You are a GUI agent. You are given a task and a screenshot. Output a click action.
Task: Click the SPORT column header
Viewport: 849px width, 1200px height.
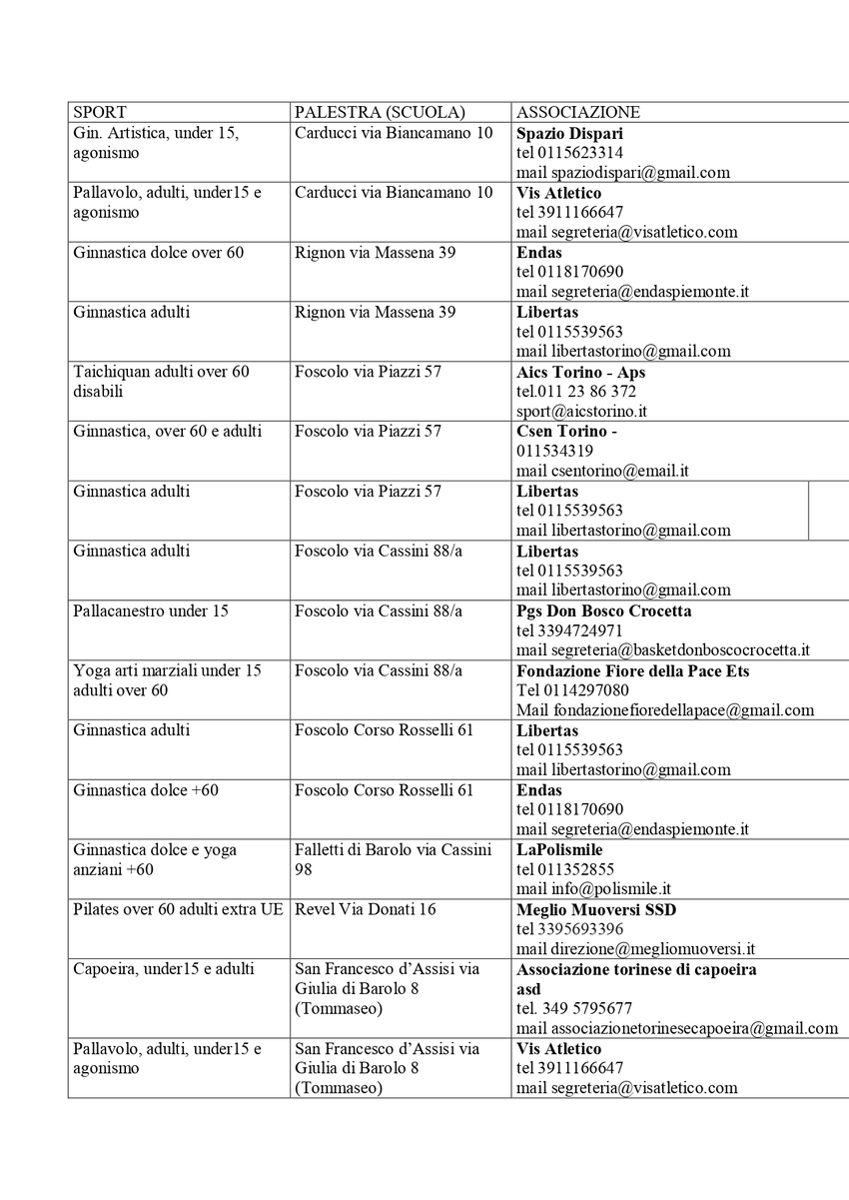100,113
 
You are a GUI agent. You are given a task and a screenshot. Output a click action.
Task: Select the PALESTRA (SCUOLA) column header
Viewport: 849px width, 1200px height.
380,113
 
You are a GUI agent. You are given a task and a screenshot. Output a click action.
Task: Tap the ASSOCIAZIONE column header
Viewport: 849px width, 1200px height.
578,113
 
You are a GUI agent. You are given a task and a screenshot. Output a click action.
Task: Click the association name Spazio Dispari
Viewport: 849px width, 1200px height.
570,133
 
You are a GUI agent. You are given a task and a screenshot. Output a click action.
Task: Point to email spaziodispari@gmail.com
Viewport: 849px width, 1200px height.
623,172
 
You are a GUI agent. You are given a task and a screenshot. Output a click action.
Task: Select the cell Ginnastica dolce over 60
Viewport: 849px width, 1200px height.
158,253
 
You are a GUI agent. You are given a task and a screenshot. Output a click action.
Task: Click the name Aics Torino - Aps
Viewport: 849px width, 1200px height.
581,372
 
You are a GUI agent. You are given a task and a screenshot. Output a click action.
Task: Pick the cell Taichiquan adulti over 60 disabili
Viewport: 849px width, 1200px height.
161,381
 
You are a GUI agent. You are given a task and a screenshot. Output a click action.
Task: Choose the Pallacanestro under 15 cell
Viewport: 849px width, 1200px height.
151,610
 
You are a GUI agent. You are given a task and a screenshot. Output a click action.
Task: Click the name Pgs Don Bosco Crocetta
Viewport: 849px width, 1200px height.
603,610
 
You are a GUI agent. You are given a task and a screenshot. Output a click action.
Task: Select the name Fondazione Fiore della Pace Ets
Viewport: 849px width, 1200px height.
632,670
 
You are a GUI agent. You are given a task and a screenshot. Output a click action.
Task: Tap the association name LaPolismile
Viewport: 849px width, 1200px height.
558,849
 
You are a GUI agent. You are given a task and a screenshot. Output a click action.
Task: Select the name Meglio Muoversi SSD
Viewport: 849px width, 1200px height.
596,909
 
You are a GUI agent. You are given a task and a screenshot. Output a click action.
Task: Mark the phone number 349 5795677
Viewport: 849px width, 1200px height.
574,1008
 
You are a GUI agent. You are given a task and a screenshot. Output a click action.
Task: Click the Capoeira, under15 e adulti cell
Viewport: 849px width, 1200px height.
164,969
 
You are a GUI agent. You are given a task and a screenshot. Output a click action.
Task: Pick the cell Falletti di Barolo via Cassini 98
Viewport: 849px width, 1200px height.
394,859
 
